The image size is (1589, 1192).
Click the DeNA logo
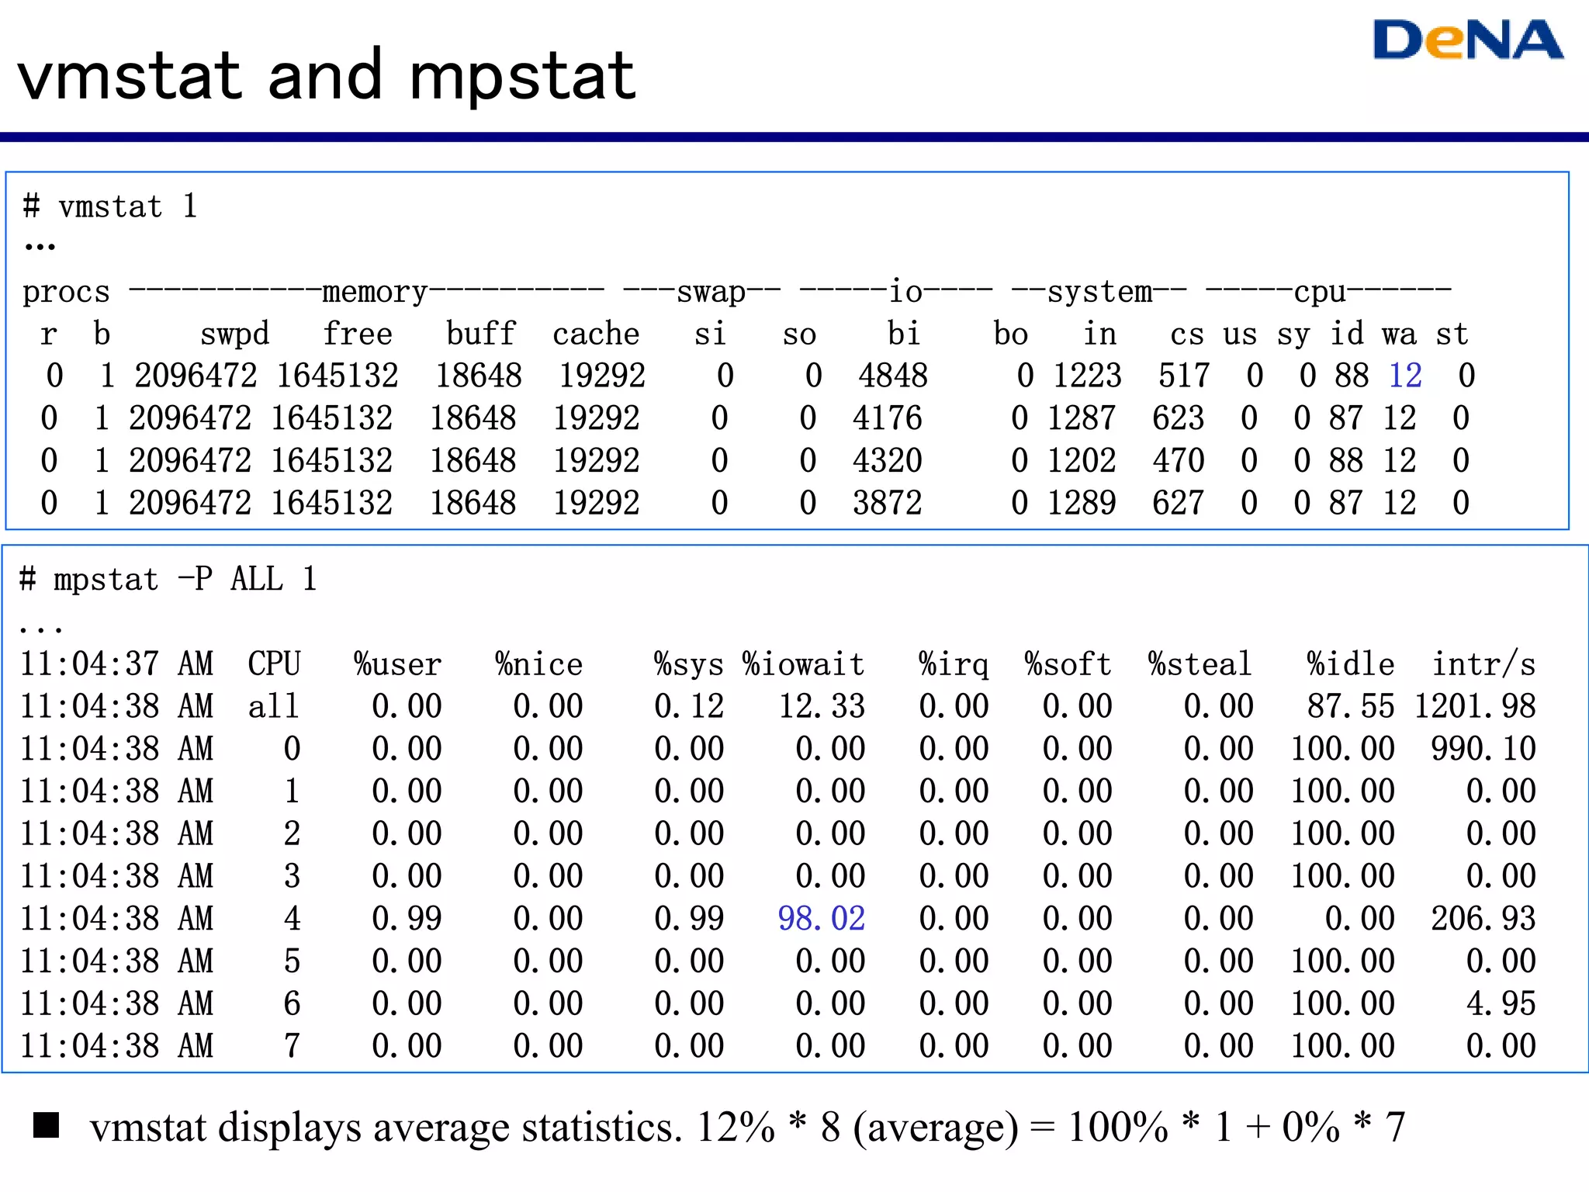pos(1467,40)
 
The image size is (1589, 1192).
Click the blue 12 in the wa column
pos(1404,376)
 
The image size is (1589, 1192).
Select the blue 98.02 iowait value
pos(821,919)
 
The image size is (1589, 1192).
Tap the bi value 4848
pos(892,376)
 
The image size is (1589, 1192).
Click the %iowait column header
pos(803,665)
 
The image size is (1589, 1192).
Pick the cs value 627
pos(1178,504)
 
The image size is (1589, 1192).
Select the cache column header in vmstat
pos(596,334)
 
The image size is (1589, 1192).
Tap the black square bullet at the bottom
pos(47,1125)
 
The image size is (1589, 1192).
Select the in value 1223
pos(1087,376)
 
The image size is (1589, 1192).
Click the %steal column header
pos(1200,665)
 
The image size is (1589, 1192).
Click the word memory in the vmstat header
pos(375,293)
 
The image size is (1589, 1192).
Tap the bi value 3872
pos(887,504)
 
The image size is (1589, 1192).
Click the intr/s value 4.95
pos(1501,1004)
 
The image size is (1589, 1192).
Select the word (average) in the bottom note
pos(935,1128)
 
